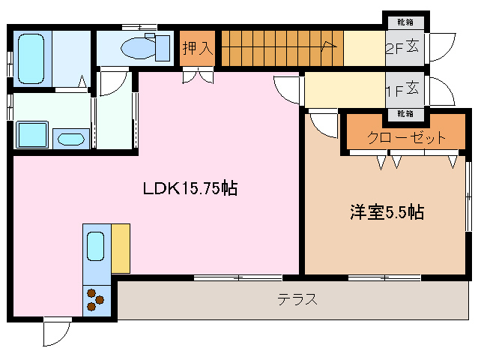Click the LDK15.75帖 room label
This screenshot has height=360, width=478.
click(x=190, y=188)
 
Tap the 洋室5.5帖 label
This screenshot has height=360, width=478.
click(x=387, y=212)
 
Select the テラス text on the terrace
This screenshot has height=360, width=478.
click(x=297, y=300)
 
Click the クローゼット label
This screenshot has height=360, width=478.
click(x=407, y=137)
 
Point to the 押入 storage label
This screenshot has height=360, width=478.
click(x=198, y=48)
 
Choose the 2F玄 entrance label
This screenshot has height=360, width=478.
click(x=406, y=49)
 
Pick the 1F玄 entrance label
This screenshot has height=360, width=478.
click(x=406, y=91)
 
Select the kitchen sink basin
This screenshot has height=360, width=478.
click(x=96, y=245)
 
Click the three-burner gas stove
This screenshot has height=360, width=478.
click(x=95, y=299)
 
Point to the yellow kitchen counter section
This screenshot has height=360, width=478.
click(x=120, y=247)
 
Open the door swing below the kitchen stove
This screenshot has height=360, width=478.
click(x=55, y=333)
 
